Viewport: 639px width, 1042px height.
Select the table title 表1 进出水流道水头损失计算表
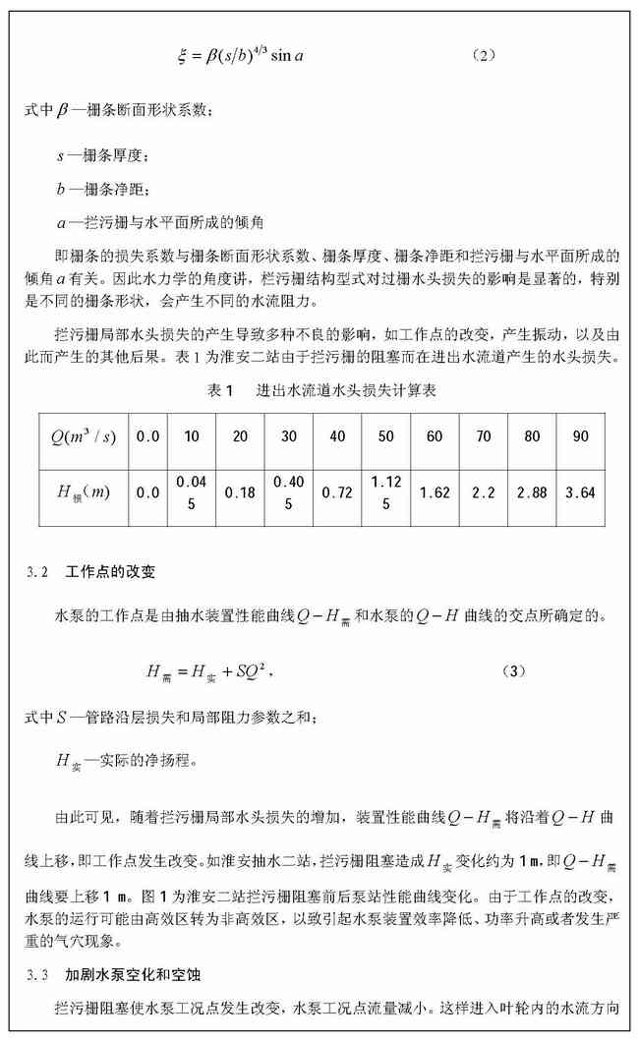322,391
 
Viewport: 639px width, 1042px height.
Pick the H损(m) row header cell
84,492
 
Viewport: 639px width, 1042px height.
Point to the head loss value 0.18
240,492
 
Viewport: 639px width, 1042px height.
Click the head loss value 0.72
337,492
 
